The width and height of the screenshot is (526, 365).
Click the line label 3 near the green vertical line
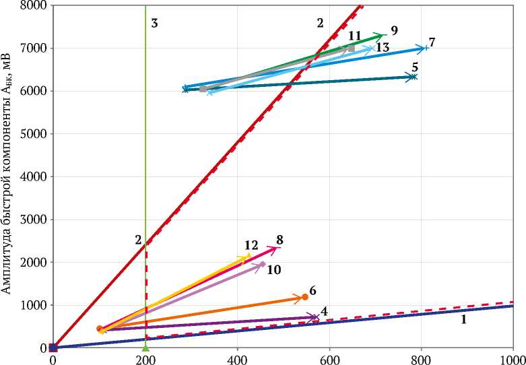(x=154, y=24)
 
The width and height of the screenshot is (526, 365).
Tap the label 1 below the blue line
(x=463, y=320)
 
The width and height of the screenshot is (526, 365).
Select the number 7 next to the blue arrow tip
(x=432, y=42)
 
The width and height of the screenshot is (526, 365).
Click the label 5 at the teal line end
(x=416, y=67)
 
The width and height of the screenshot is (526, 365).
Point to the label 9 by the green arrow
(x=394, y=30)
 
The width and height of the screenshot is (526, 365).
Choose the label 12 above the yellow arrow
(x=251, y=244)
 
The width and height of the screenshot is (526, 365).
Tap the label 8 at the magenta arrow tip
(x=280, y=239)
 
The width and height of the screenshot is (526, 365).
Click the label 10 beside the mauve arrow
(x=274, y=269)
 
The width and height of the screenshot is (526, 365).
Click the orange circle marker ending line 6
(x=304, y=296)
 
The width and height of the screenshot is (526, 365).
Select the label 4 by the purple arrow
(x=324, y=311)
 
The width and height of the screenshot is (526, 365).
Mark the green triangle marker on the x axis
(x=145, y=347)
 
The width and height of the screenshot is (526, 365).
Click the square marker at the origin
(x=53, y=347)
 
